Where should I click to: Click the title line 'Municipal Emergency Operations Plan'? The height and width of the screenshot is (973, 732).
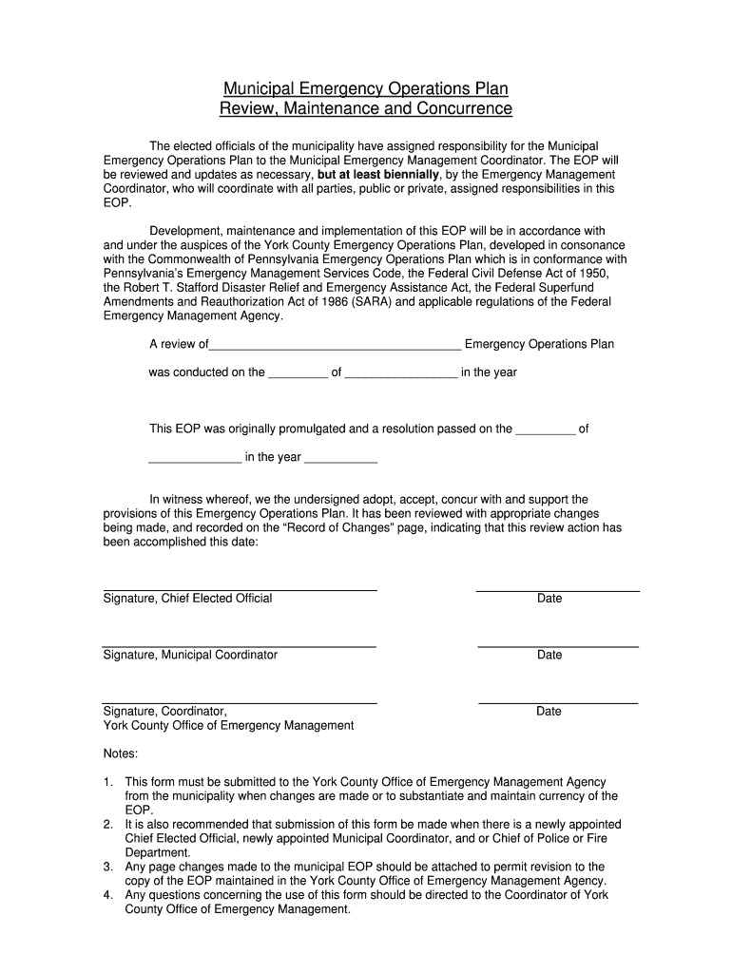tap(366, 88)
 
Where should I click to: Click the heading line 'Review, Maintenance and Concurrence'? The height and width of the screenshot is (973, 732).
tap(366, 109)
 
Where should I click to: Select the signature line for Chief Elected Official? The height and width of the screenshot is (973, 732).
tap(240, 589)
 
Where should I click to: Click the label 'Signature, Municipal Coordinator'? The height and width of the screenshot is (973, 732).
tap(190, 655)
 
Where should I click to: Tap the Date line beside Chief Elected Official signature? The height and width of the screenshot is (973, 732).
tap(557, 590)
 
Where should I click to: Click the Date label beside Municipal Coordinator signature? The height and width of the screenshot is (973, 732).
tap(549, 655)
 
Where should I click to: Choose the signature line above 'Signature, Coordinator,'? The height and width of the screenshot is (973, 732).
tap(240, 702)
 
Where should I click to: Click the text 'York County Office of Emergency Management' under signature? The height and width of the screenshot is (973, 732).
tap(228, 726)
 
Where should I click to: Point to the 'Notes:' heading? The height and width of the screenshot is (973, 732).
tap(120, 754)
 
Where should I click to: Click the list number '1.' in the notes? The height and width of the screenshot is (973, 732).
tap(108, 782)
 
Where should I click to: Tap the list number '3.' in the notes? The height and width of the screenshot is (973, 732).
tap(108, 867)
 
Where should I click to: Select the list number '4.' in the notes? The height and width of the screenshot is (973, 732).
tap(108, 895)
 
